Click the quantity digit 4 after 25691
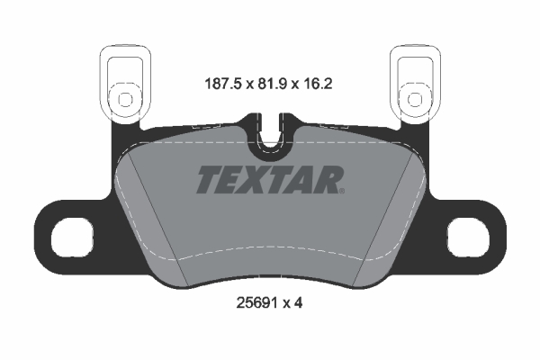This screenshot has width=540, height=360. [298, 303]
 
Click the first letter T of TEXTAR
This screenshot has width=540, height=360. [205, 180]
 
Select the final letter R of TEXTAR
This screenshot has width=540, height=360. [328, 180]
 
